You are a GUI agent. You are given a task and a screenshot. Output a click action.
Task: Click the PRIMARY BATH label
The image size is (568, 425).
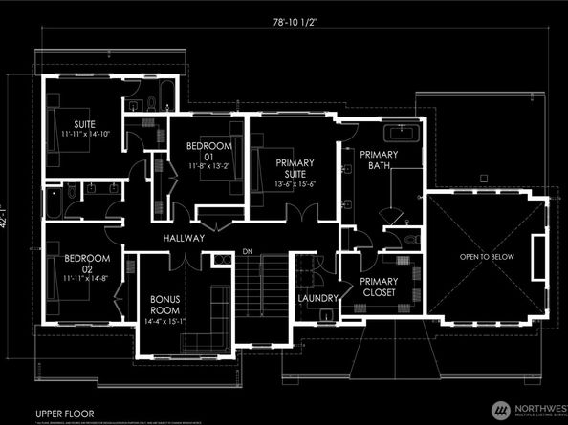point(377,159)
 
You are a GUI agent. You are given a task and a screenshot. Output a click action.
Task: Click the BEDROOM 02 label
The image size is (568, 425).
point(88,264)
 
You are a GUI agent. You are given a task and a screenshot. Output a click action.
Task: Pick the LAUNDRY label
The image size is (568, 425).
point(317,298)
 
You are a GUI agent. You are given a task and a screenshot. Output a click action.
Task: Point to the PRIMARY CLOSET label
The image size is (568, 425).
point(377,287)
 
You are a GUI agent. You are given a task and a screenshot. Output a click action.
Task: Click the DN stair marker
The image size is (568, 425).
point(247,253)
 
